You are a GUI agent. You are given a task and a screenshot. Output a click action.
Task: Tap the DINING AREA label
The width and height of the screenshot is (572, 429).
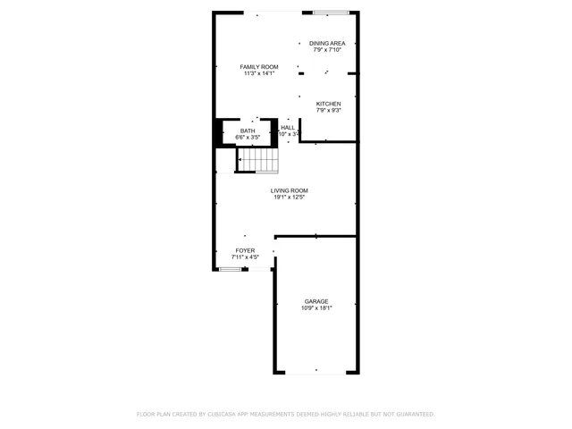point(327,43)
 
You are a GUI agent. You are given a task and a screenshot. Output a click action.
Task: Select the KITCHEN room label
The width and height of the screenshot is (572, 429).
point(328,104)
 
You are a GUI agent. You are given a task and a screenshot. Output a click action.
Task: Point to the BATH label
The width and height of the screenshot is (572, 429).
point(247,131)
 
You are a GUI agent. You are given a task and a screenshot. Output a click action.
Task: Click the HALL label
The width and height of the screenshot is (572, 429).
point(288,128)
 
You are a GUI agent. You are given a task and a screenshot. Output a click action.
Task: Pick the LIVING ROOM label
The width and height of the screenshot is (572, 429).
point(290,190)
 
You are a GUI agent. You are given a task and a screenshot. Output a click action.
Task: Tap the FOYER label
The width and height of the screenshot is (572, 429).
point(245,251)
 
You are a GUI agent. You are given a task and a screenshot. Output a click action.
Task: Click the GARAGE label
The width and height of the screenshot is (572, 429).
point(316,301)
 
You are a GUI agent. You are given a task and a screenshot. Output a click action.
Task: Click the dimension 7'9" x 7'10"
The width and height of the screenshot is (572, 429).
point(327,49)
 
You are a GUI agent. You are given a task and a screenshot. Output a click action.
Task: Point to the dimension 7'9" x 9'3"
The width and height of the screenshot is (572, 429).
point(328,110)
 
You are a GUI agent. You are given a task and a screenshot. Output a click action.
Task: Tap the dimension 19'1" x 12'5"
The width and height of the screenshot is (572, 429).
point(290,197)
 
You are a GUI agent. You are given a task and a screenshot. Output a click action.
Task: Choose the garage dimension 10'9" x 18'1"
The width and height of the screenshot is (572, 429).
point(316,307)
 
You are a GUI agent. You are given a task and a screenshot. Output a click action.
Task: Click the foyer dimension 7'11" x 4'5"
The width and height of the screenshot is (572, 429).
point(245,257)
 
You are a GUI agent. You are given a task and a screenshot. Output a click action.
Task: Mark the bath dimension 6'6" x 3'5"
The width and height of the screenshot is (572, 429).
point(247,138)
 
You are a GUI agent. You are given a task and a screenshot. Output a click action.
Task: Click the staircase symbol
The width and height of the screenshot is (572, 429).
point(258,160)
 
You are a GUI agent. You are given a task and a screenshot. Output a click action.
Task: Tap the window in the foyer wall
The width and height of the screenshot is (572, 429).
point(231,268)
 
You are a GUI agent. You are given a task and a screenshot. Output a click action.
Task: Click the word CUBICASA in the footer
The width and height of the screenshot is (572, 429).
point(217,415)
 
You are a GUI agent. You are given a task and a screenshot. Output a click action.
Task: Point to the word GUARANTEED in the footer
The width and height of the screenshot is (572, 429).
point(411,415)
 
